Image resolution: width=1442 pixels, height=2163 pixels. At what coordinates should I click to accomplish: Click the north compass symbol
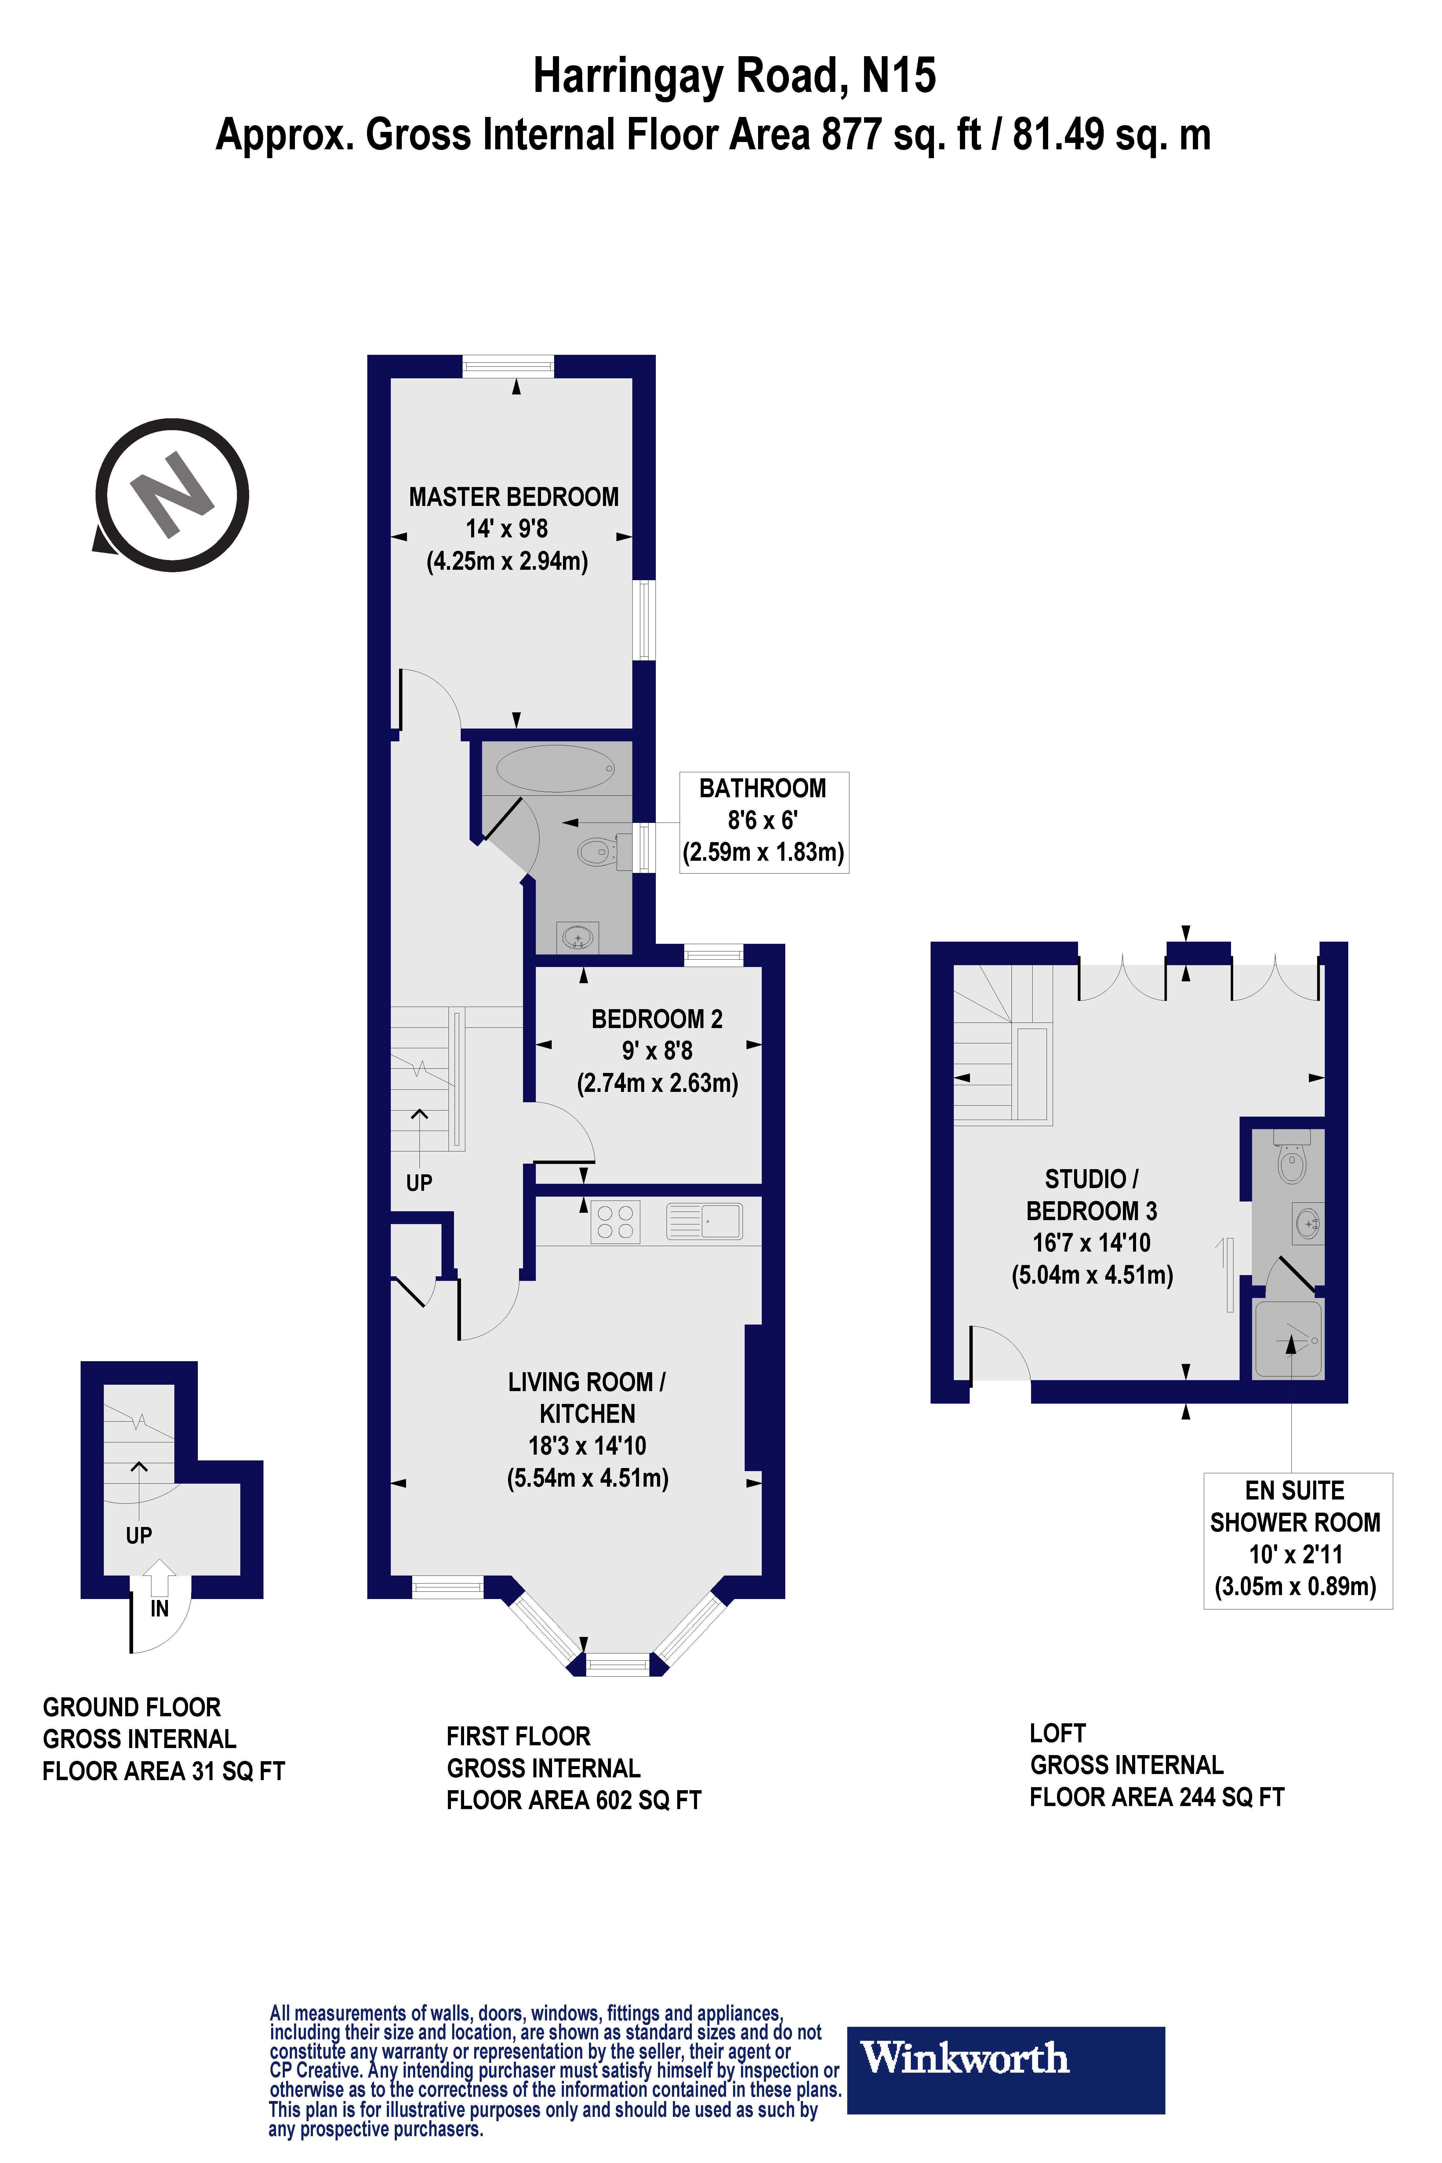pyautogui.click(x=172, y=496)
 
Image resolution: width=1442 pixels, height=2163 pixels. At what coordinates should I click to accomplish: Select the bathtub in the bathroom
pyautogui.click(x=555, y=768)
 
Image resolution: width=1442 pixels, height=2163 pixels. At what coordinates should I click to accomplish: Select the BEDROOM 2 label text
pyautogui.click(x=657, y=1019)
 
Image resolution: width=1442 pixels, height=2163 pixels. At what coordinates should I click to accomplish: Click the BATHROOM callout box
pyautogui.click(x=763, y=821)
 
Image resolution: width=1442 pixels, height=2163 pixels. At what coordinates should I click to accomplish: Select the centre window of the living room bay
pyautogui.click(x=617, y=1664)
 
